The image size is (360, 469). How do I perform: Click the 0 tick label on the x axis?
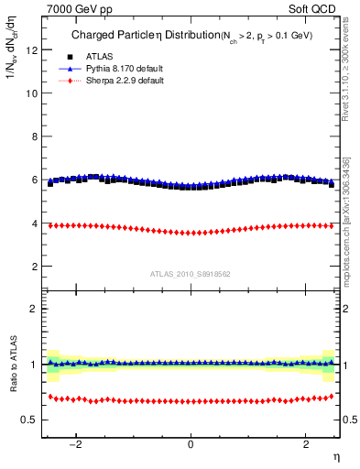191,445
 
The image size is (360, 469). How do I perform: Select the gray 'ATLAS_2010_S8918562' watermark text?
191,273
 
